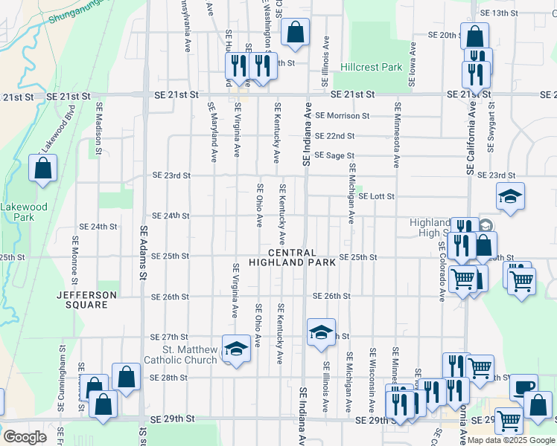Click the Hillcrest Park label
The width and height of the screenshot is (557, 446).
coord(371,67)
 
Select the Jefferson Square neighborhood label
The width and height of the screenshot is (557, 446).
coord(87,300)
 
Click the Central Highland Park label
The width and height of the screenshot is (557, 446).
coord(287,257)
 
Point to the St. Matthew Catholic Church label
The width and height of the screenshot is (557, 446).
coord(190,355)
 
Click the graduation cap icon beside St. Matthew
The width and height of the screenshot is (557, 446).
coord(236,349)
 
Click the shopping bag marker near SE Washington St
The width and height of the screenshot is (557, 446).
coord(295,32)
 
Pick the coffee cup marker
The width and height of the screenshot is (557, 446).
coord(523,386)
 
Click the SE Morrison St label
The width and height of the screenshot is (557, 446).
coord(342,115)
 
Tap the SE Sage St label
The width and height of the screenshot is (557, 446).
coord(333,155)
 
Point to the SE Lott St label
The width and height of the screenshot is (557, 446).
coord(376,196)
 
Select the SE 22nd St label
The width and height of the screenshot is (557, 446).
coord(334,136)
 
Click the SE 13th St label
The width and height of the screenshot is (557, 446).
coord(499,13)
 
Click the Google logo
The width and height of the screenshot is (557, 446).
coord(24,436)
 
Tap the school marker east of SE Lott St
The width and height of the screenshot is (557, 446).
coord(510,197)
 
